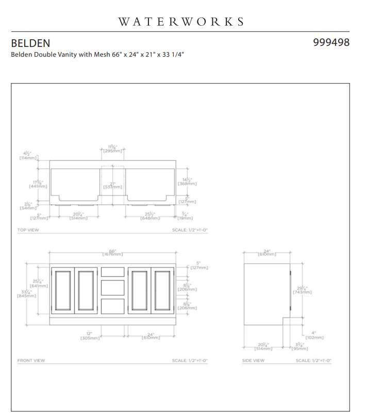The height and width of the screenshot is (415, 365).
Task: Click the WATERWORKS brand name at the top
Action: (x=181, y=22)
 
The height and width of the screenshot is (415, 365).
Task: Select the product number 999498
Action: (x=331, y=42)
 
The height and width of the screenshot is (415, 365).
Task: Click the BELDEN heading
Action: (x=30, y=43)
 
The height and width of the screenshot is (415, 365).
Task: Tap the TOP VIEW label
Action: (x=28, y=230)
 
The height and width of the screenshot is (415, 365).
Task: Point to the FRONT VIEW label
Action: (x=31, y=360)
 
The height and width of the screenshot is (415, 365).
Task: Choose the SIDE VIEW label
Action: (x=253, y=360)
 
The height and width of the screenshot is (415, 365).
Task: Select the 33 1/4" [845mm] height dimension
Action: (x=27, y=294)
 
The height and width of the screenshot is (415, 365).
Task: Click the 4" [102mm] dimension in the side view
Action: (x=314, y=335)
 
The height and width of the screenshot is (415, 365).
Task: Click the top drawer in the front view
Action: (x=113, y=272)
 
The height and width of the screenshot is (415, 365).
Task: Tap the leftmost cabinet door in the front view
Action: (x=62, y=290)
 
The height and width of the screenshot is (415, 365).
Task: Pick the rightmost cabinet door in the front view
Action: (x=162, y=290)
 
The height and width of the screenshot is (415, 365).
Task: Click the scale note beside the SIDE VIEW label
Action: (x=313, y=360)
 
